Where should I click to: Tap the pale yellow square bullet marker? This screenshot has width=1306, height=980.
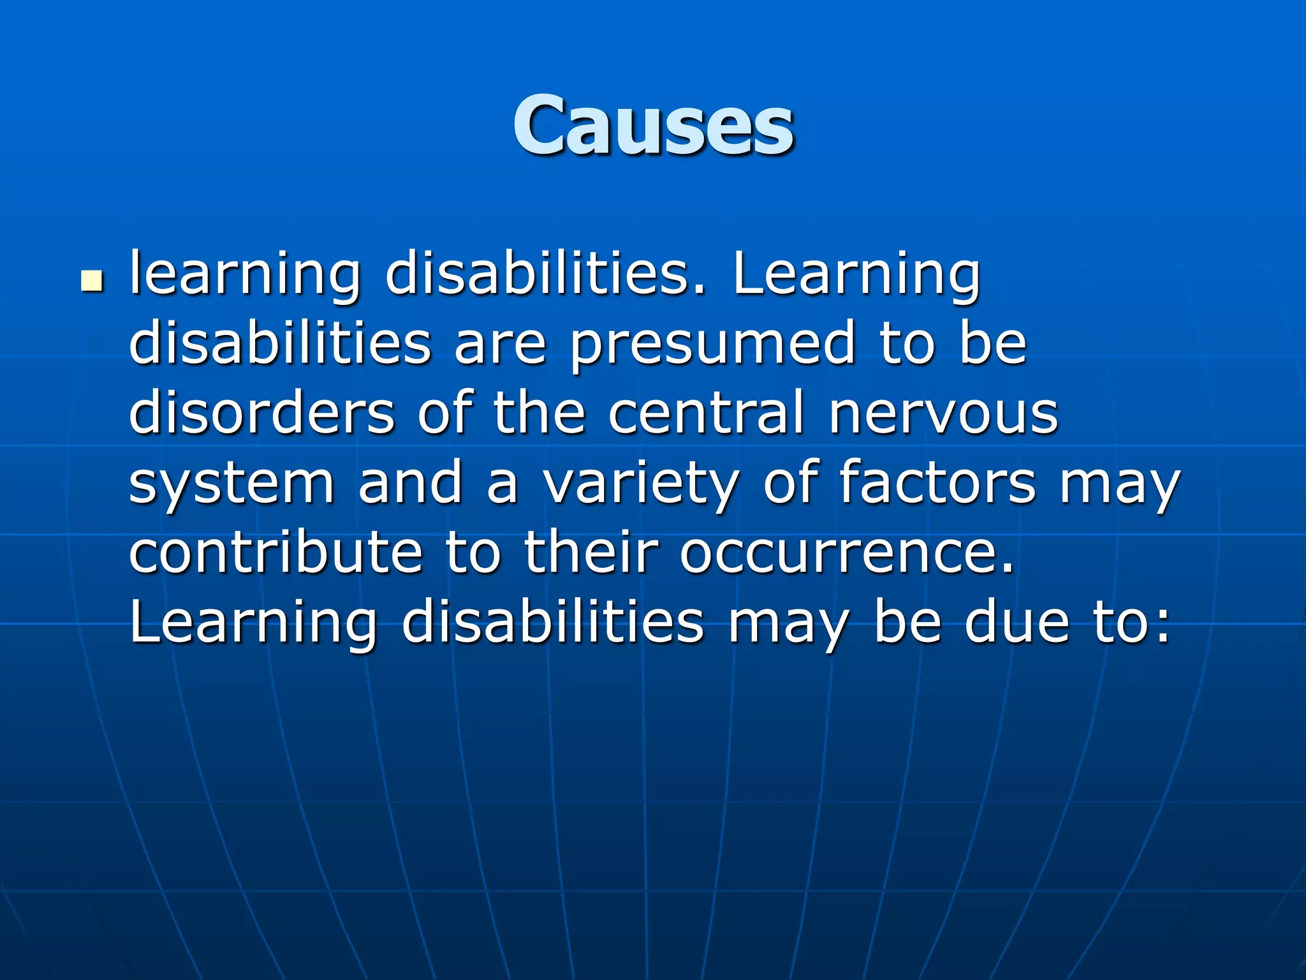92,281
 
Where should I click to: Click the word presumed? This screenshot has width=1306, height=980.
712,345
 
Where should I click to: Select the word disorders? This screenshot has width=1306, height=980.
262,413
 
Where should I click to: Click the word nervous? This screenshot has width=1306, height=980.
944,413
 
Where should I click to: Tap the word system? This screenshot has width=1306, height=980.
231,483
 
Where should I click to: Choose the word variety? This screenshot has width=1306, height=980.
641,483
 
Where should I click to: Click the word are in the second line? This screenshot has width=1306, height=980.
500,345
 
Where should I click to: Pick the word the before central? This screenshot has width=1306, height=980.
539,413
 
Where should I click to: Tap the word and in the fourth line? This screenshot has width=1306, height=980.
410,483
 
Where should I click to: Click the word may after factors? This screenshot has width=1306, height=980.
1120,483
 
